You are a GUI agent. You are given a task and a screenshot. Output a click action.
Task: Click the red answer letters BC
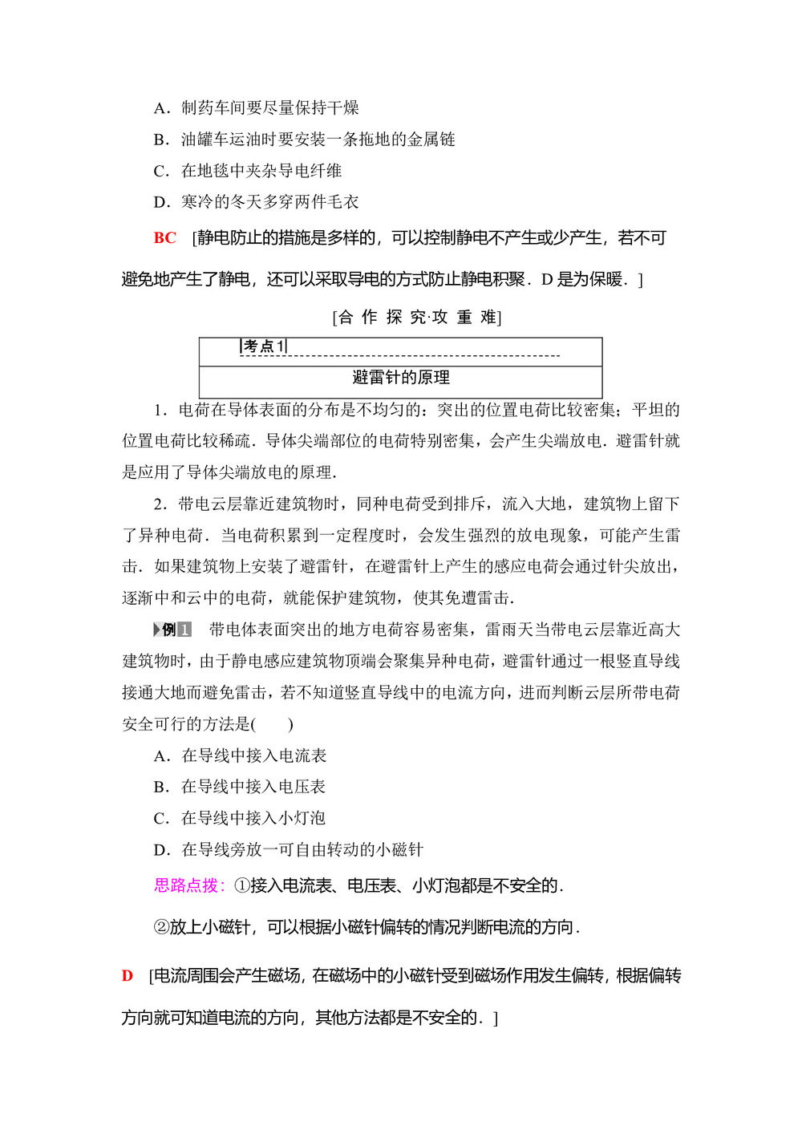click(164, 238)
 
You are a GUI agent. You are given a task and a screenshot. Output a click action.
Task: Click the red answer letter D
click(127, 976)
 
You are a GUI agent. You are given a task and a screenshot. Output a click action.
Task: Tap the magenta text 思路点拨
click(186, 885)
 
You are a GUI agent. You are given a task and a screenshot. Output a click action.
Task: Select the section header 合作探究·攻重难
click(416, 318)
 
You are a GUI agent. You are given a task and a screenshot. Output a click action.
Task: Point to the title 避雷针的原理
click(400, 378)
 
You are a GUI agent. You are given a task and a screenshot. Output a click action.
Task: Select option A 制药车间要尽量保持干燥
click(256, 108)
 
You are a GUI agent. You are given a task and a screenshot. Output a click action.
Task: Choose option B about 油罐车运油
click(304, 140)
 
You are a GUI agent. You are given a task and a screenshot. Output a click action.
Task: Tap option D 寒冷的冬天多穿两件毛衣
click(256, 202)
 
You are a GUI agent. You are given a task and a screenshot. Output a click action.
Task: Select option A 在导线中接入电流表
click(240, 755)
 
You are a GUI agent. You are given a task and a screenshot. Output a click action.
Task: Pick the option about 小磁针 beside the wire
click(288, 849)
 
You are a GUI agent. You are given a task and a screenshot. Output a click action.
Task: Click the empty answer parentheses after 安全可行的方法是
click(273, 724)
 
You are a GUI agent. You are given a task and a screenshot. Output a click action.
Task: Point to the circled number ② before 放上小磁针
click(161, 927)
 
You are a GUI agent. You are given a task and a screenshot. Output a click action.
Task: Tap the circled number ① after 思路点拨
click(241, 885)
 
